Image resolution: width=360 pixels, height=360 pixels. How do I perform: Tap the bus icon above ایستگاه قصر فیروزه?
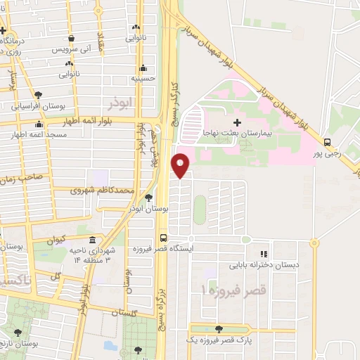(163, 238)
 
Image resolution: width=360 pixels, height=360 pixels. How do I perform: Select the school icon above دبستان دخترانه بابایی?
(264, 254)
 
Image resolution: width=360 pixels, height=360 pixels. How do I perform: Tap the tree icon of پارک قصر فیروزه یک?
(219, 329)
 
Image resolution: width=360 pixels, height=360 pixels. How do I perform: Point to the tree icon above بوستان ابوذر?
(148, 198)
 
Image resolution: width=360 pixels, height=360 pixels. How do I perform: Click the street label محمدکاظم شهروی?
(102, 190)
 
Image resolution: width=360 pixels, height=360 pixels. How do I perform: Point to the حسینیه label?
(143, 79)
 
